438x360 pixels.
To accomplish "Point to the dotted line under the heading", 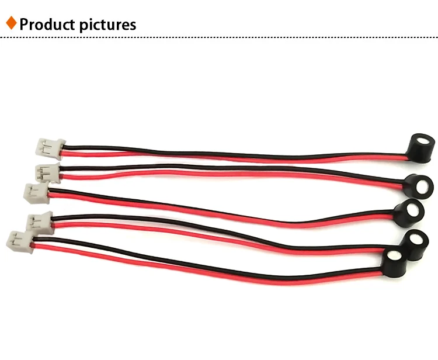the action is pos(219,38).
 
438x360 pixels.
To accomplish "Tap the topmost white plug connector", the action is pos(50,147).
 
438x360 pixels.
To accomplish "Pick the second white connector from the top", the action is pos(47,172).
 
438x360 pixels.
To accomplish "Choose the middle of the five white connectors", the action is pos(36,192).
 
